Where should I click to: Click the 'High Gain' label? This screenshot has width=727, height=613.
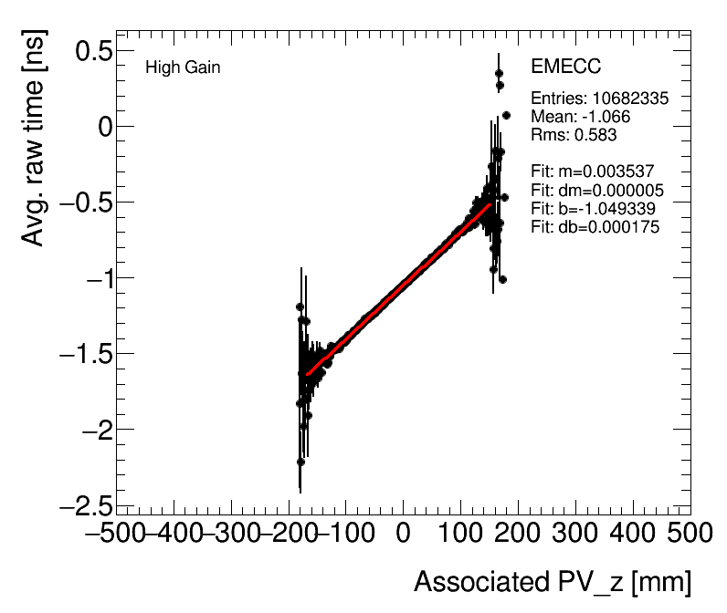183,68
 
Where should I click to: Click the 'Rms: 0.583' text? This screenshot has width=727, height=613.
574,135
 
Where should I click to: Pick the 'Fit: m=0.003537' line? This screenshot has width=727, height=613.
593,171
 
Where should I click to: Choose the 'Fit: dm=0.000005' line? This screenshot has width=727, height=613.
596,191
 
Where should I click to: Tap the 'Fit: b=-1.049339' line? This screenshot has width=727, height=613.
593,209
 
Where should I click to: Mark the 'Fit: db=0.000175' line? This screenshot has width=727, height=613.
595,227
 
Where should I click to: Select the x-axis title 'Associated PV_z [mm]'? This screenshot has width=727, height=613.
552,581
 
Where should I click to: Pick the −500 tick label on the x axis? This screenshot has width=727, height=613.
117,532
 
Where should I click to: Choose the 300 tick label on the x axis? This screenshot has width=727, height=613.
575,532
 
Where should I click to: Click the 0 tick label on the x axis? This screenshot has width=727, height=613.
403,532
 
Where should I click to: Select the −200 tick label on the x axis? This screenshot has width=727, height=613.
290,532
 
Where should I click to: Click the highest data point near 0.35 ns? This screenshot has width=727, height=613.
499,74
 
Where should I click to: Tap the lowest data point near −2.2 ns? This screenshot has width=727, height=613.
300,462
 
